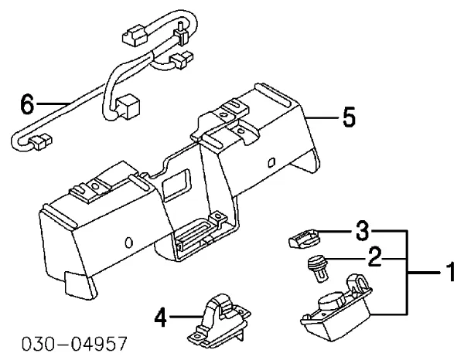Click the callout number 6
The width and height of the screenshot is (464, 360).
click(x=26, y=104)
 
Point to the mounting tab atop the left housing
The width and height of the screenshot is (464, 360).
click(x=85, y=188)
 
